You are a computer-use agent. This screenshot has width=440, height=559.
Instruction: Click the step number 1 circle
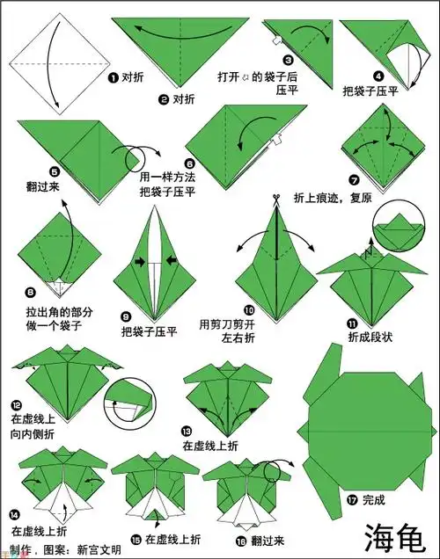coord(113,77)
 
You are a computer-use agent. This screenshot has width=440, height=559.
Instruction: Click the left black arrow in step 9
coord(140,261)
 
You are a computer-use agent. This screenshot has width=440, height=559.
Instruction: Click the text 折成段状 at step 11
coord(368,336)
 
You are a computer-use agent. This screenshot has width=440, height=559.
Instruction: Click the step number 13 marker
coord(186,431)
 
